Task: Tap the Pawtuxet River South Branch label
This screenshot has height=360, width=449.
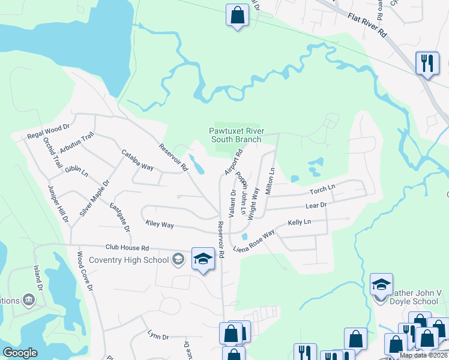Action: (x=235, y=135)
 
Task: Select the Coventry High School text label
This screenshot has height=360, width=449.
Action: (x=128, y=260)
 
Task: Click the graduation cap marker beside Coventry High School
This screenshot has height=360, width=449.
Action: (x=203, y=260)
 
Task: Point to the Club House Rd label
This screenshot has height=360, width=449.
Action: (x=127, y=247)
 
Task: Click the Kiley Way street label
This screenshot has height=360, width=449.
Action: (x=160, y=224)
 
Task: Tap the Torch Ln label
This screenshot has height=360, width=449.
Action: (x=322, y=190)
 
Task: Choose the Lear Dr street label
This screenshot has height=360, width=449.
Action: (x=315, y=205)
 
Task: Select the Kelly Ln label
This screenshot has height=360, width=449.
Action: (x=299, y=222)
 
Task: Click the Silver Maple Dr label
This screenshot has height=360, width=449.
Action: (x=94, y=198)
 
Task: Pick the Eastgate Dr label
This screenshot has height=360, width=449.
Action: (x=120, y=217)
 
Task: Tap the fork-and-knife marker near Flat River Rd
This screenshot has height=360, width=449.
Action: (x=427, y=63)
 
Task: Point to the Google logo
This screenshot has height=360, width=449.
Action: (x=20, y=353)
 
